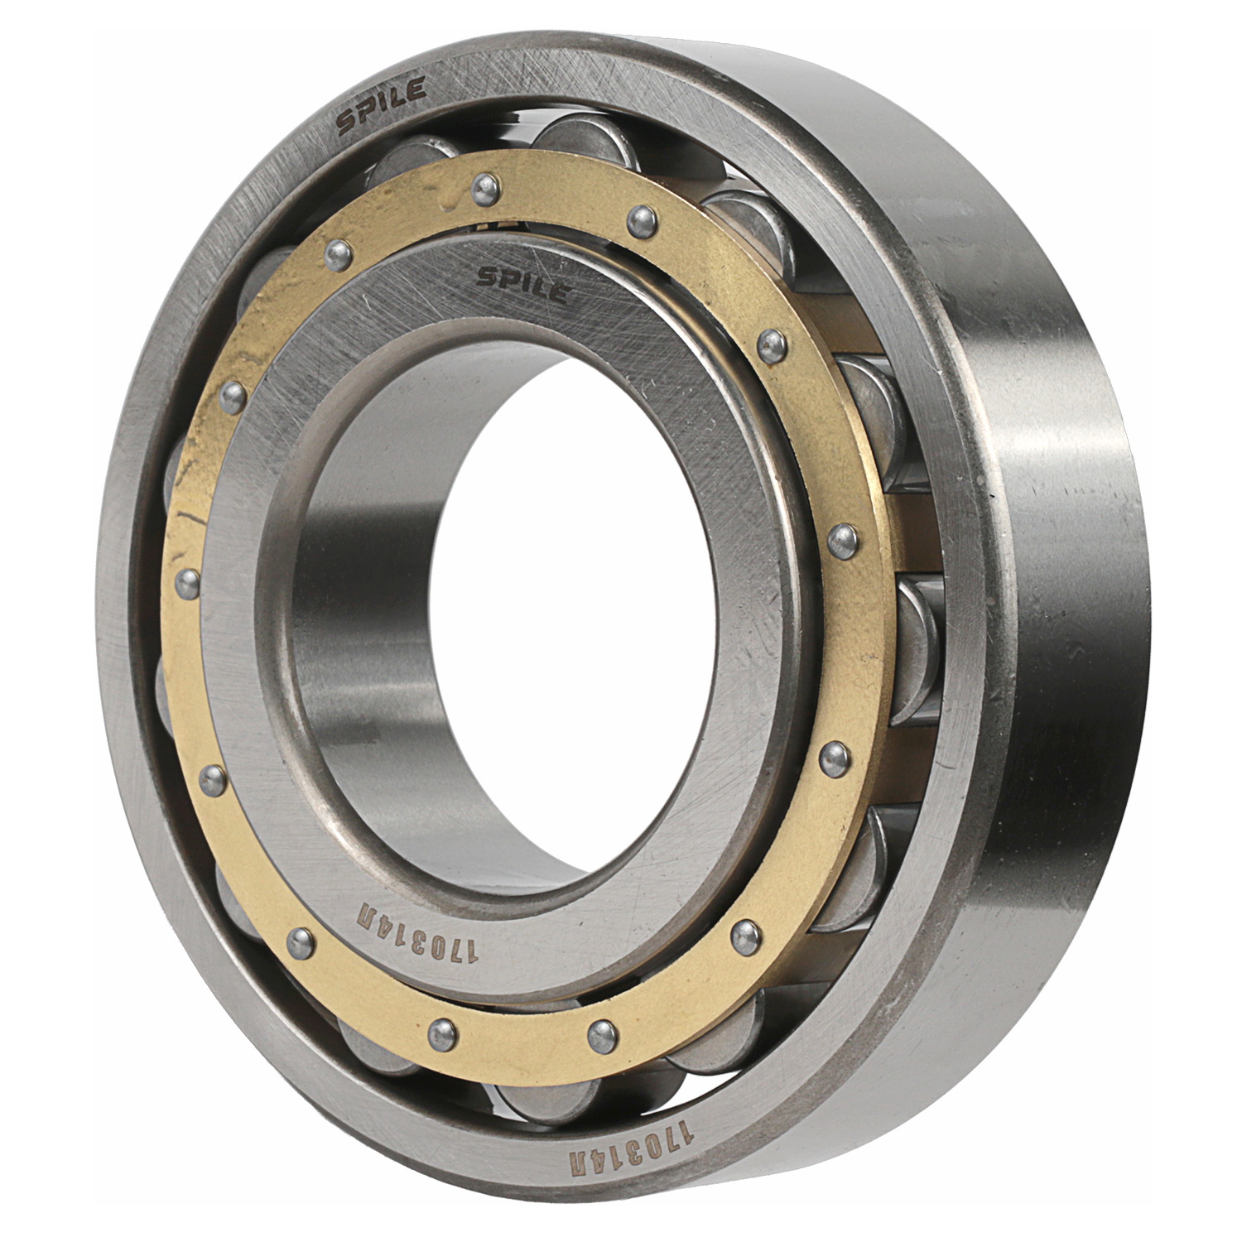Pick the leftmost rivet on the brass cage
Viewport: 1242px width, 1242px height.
click(x=187, y=582)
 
